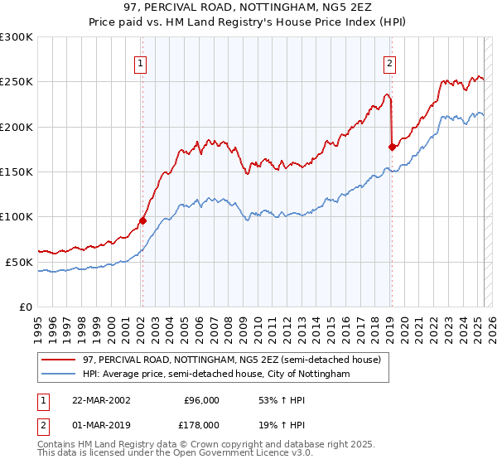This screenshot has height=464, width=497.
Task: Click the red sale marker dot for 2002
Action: [x=142, y=220]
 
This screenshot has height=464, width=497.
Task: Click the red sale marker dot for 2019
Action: [x=392, y=147]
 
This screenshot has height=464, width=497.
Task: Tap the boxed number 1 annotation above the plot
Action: [x=141, y=63]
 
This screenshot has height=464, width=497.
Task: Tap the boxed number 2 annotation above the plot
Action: [x=389, y=63]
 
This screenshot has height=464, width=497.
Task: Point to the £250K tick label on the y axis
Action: [x=17, y=82]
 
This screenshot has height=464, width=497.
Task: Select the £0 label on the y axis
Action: [x=27, y=307]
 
